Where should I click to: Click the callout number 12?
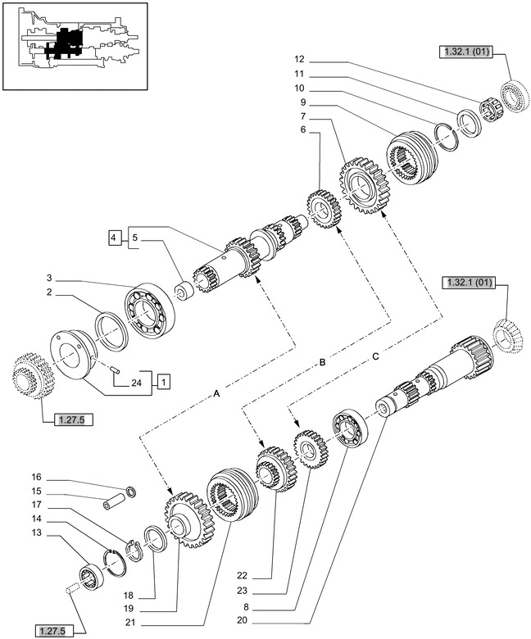coord(299,59)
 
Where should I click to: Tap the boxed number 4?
coord(112,238)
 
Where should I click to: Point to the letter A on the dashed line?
coord(216,395)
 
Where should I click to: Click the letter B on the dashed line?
coord(322,361)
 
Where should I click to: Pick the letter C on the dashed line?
coord(375,356)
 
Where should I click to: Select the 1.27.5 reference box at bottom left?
coord(53,630)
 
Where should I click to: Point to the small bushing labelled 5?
coord(184,292)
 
